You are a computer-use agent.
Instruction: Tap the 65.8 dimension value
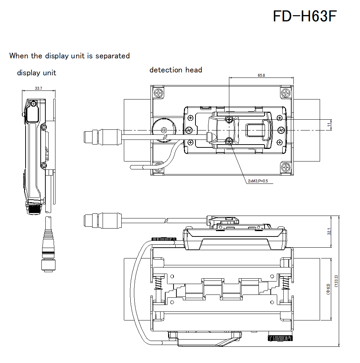[x=261, y=75]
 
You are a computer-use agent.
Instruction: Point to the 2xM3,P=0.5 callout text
[x=258, y=181]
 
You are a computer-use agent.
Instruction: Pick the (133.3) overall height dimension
[x=336, y=281]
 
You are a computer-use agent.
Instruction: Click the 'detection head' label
[x=176, y=70]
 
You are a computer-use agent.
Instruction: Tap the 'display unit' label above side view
[x=36, y=73]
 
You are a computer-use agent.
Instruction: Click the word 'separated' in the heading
[x=112, y=56]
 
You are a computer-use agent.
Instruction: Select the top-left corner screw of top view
[x=159, y=93]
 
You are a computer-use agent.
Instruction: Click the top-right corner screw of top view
[x=286, y=93]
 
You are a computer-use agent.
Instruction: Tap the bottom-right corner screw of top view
[x=286, y=167]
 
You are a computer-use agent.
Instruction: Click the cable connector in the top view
[x=103, y=137]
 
